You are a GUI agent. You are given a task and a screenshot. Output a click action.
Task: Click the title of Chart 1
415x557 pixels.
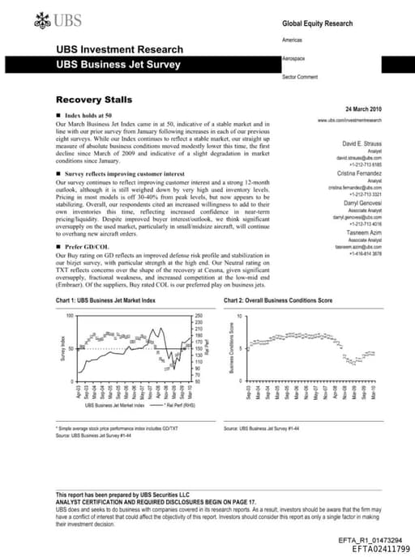point(104,300)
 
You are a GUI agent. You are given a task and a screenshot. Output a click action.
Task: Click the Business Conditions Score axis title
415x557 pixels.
point(232,347)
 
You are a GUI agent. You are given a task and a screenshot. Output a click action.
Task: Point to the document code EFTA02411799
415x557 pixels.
point(380,547)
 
